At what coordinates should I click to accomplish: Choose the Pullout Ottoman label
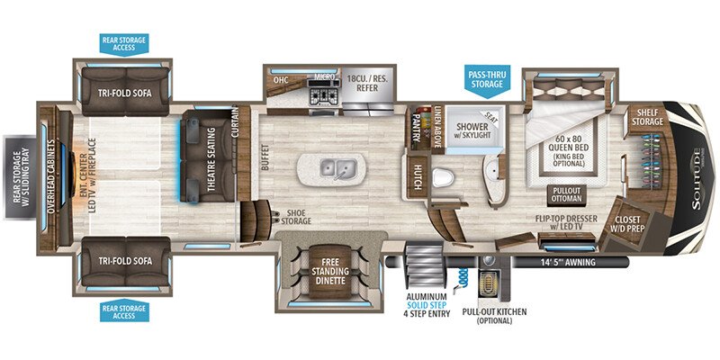click(x=566, y=194)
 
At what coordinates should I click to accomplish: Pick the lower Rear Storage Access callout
click(x=123, y=310)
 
